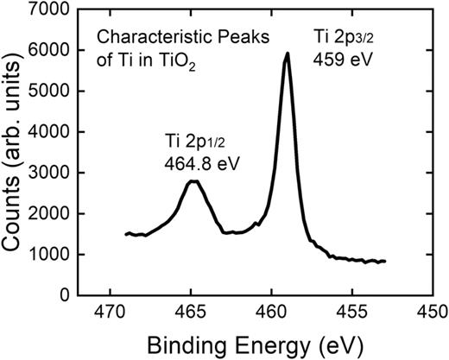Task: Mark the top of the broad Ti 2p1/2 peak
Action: click(195, 181)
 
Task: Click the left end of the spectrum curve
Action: click(126, 234)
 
